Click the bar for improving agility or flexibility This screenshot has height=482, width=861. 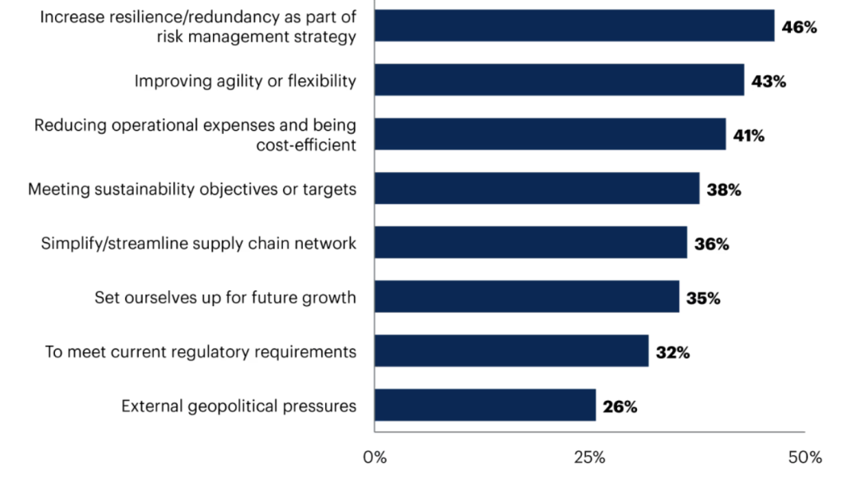559,80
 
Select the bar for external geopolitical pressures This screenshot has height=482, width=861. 485,405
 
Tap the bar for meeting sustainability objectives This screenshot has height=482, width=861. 537,188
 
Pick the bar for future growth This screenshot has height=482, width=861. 526,296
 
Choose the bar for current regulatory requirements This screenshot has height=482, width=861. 511,351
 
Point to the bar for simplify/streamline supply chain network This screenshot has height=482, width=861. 530,242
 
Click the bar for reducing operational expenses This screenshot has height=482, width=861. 550,134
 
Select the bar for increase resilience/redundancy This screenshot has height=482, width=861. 574,25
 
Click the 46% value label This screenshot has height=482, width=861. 799,27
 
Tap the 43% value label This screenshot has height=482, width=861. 769,81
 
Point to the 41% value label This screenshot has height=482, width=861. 749,135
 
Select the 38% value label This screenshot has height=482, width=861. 724,190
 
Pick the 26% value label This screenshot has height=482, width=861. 619,406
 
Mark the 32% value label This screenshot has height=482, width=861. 672,352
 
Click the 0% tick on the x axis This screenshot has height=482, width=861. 375,458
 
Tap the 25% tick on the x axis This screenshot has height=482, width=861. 589,458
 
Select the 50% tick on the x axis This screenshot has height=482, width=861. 804,458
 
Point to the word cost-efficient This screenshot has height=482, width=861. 306,145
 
